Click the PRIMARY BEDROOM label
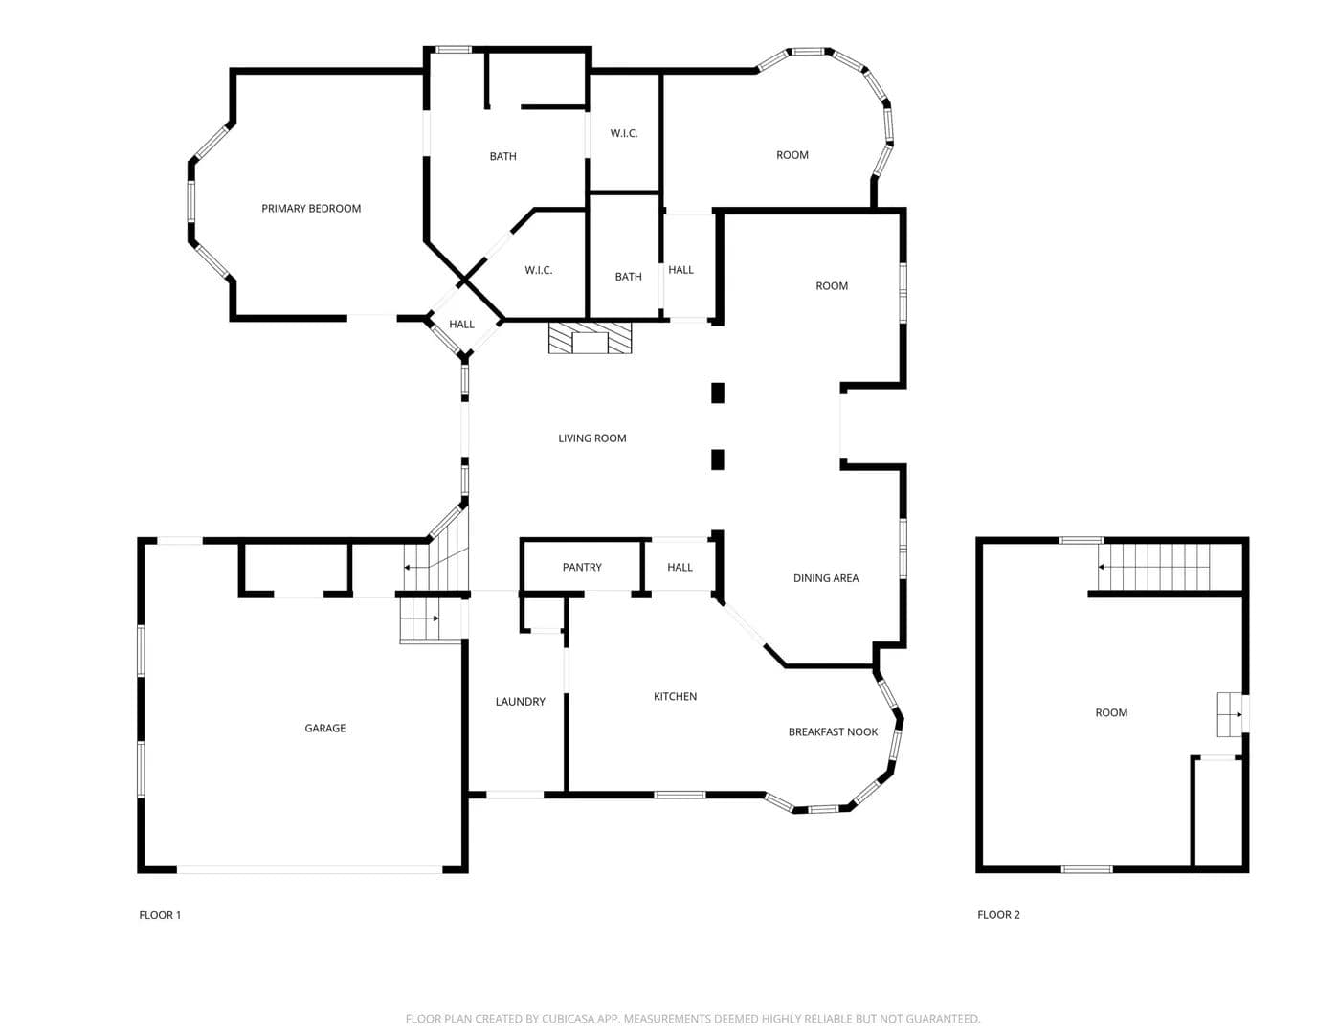(x=311, y=208)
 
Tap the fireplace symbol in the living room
(x=590, y=338)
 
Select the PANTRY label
(x=582, y=567)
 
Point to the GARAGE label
(x=325, y=728)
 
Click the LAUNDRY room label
(x=521, y=702)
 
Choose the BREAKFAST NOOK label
(x=833, y=731)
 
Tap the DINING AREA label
(x=826, y=577)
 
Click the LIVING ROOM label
(x=592, y=438)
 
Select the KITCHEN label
(x=676, y=696)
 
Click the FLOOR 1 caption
(x=160, y=915)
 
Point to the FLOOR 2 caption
(x=999, y=915)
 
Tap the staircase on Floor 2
(x=1154, y=567)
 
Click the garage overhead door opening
(x=310, y=869)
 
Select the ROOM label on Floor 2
(x=1111, y=712)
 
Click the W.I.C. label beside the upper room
(x=624, y=133)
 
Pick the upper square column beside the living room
(x=718, y=393)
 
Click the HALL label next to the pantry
(x=680, y=567)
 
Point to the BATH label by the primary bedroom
(x=503, y=156)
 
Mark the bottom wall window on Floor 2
(x=1087, y=869)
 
